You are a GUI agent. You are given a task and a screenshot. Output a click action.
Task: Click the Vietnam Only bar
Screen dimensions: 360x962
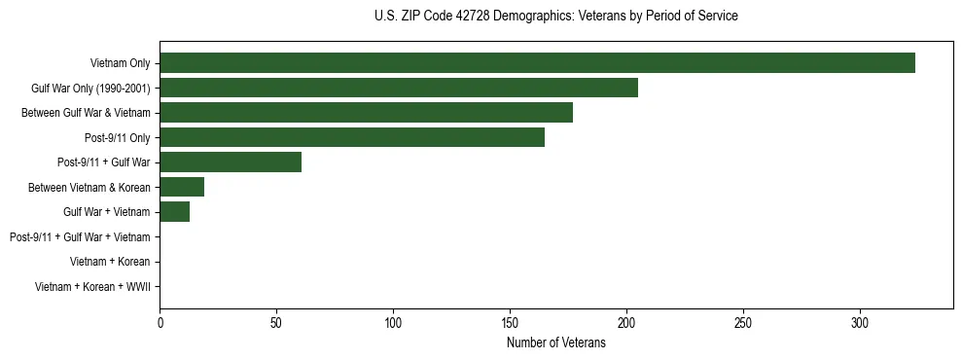click(537, 63)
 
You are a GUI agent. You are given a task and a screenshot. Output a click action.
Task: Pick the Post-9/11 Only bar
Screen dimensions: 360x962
click(352, 137)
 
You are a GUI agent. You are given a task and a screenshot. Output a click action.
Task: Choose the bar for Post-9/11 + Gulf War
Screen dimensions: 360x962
click(231, 162)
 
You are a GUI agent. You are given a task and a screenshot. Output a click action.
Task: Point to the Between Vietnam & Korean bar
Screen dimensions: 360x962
click(182, 187)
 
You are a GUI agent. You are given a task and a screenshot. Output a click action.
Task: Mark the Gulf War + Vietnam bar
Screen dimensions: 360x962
click(175, 212)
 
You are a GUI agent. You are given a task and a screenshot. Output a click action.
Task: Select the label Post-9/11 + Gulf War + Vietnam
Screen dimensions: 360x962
click(80, 237)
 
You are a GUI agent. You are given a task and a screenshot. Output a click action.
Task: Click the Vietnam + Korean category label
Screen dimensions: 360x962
click(110, 262)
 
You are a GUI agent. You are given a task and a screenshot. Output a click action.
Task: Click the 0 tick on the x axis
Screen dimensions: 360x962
click(160, 322)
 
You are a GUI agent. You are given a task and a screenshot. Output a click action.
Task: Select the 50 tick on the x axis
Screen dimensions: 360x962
click(276, 322)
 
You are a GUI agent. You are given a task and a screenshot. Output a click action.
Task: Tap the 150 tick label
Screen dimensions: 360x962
click(510, 322)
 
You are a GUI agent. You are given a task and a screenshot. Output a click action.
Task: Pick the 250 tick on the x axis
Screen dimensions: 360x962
click(743, 322)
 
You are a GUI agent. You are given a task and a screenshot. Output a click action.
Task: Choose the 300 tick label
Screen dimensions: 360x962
click(860, 322)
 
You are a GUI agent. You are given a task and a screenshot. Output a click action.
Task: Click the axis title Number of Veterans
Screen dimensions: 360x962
click(556, 342)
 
